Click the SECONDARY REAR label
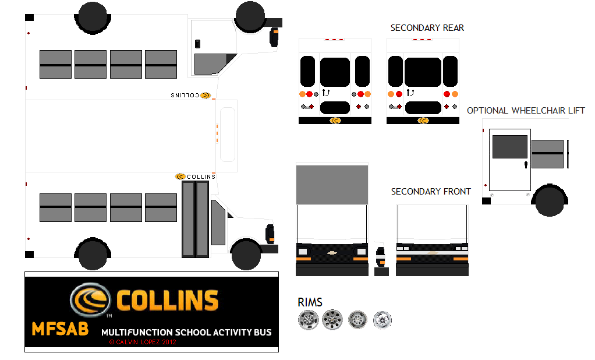pyautogui.click(x=427, y=28)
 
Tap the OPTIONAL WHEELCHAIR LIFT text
pyautogui.click(x=525, y=111)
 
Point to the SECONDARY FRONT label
pyautogui.click(x=431, y=192)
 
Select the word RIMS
pyautogui.click(x=310, y=302)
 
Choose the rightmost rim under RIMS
pyautogui.click(x=382, y=319)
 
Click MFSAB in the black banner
pyautogui.click(x=60, y=329)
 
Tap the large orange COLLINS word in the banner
pyautogui.click(x=167, y=301)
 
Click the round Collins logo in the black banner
pyautogui.click(x=90, y=300)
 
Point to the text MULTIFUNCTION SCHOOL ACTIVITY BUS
pyautogui.click(x=186, y=333)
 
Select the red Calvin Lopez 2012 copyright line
pyautogui.click(x=143, y=342)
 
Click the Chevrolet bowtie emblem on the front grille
pyautogui.click(x=332, y=252)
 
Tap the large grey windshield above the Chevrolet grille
pyautogui.click(x=332, y=185)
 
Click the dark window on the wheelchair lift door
pyautogui.click(x=509, y=147)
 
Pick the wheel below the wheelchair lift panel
pyautogui.click(x=550, y=200)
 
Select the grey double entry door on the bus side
pyautogui.click(x=195, y=219)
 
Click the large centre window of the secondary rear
pyautogui.click(x=423, y=72)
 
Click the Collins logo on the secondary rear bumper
pyautogui.click(x=423, y=121)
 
